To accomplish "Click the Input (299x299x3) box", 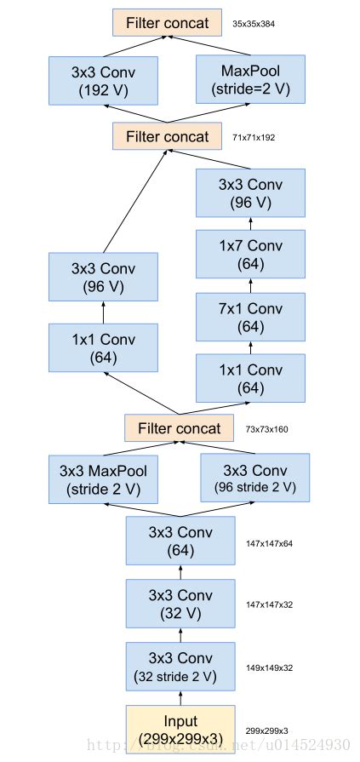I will (180, 730).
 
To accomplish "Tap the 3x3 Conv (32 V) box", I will (180, 604).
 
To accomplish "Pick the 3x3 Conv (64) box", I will (180, 541).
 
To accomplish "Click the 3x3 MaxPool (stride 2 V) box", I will (104, 478).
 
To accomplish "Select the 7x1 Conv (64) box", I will (250, 318).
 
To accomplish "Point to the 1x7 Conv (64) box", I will (250, 255).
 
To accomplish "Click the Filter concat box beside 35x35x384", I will (167, 23).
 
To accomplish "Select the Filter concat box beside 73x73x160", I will (179, 428).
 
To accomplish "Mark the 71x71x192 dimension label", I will (254, 137).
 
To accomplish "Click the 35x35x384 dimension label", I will (254, 24).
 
